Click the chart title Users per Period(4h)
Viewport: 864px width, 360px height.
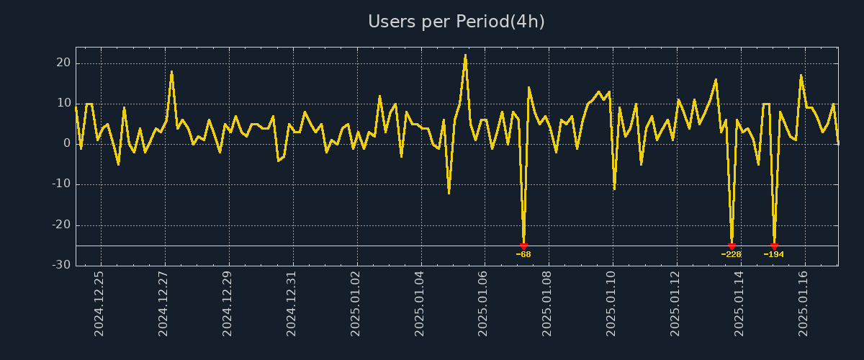(x=456, y=22)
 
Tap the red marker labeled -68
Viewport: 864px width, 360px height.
(x=523, y=246)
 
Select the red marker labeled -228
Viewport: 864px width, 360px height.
(x=732, y=246)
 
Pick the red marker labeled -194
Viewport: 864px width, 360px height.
(x=774, y=246)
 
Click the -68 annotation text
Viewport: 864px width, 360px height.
(x=523, y=254)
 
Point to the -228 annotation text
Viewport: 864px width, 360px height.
(x=731, y=254)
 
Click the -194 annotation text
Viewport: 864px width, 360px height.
(x=774, y=254)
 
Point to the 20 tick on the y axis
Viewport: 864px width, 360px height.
(x=63, y=63)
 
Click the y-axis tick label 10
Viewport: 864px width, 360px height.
(x=63, y=103)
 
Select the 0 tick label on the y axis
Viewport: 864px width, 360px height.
(x=67, y=143)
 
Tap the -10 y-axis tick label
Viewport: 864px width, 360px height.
(x=61, y=184)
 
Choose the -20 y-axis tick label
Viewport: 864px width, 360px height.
(x=61, y=225)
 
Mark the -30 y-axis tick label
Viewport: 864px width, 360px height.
(x=61, y=265)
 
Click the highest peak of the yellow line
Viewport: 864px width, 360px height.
(x=465, y=55)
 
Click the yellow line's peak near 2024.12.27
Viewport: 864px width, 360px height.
(x=171, y=71)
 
